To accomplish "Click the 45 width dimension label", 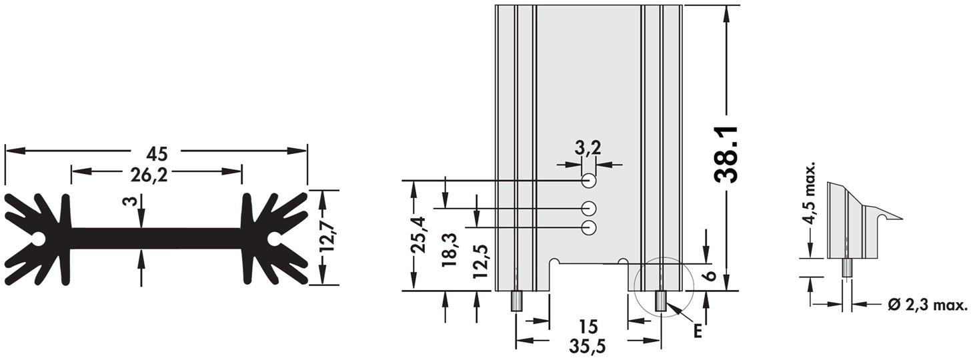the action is click(x=157, y=154).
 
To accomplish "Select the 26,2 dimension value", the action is click(x=149, y=175).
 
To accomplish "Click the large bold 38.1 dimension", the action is click(x=726, y=155).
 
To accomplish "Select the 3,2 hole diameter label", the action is click(x=588, y=149).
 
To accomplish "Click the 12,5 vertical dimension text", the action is click(x=481, y=261).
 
